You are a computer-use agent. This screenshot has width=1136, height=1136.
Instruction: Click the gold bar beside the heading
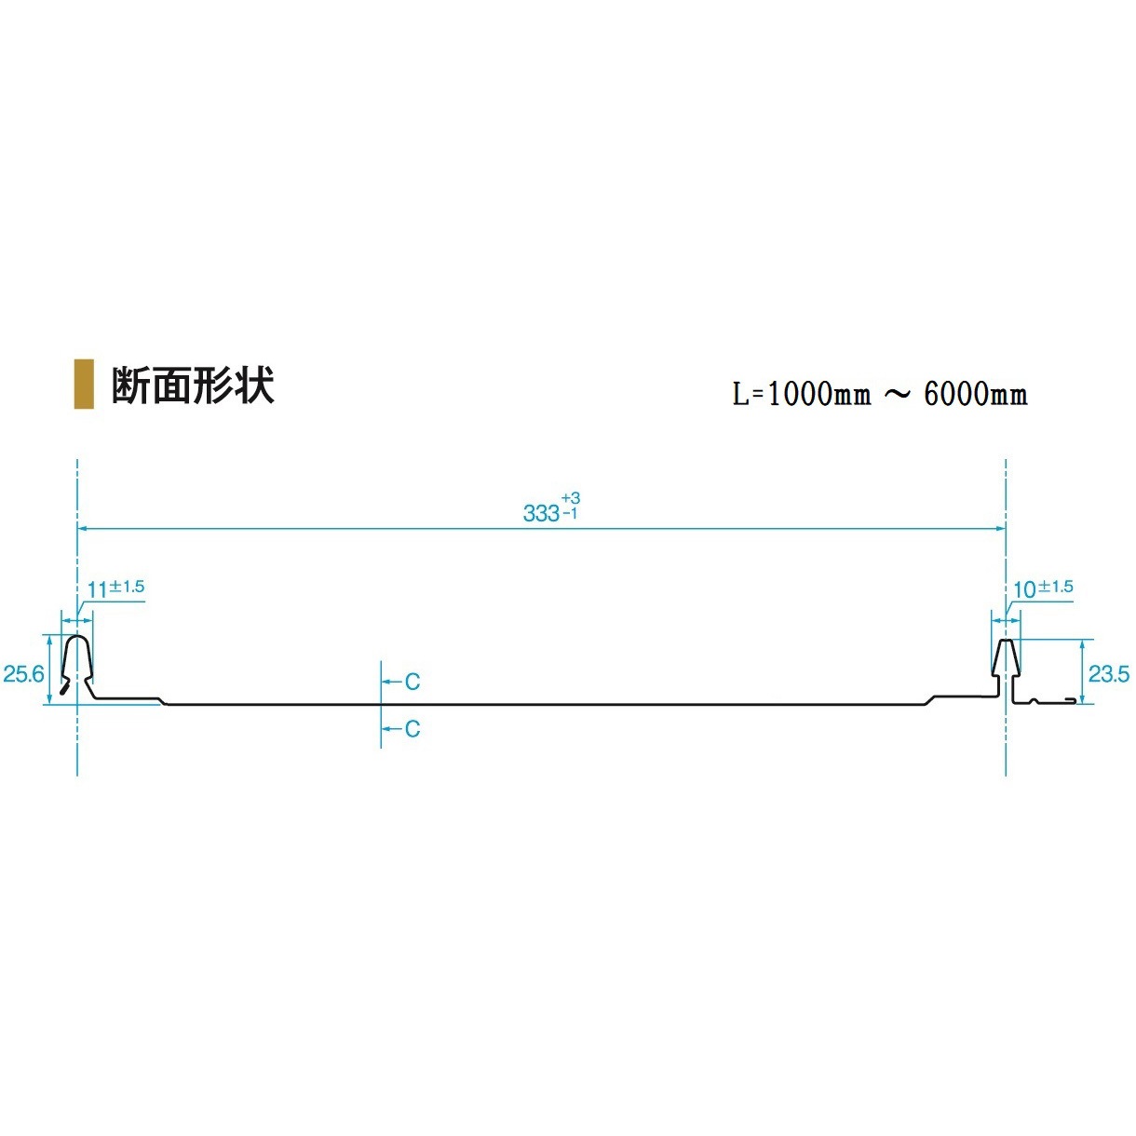pyautogui.click(x=84, y=384)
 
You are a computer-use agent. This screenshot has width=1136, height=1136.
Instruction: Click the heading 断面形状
pyautogui.click(x=193, y=385)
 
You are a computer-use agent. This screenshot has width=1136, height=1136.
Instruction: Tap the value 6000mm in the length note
pyautogui.click(x=976, y=395)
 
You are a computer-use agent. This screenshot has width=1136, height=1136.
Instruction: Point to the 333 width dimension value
pyautogui.click(x=541, y=513)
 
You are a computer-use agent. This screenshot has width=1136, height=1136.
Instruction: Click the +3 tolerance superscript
pyautogui.click(x=571, y=499)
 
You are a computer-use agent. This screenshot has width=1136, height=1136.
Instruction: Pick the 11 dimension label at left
pyautogui.click(x=98, y=589)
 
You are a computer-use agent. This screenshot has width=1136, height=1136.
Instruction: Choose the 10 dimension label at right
pyautogui.click(x=1024, y=589)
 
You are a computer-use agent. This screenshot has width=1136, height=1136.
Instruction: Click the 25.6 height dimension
pyautogui.click(x=23, y=673)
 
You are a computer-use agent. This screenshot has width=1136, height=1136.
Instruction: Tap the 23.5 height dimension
pyautogui.click(x=1109, y=673)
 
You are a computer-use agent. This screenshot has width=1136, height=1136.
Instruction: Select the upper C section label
pyautogui.click(x=412, y=683)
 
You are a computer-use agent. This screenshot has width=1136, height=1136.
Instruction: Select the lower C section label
pyautogui.click(x=412, y=729)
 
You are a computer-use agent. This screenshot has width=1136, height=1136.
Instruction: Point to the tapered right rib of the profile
pyautogui.click(x=1006, y=659)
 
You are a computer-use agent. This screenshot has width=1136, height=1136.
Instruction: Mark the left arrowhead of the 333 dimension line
pyautogui.click(x=82, y=528)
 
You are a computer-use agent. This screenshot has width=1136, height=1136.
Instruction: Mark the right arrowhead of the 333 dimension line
pyautogui.click(x=1001, y=528)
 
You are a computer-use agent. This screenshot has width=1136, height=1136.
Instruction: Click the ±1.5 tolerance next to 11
pyautogui.click(x=128, y=587)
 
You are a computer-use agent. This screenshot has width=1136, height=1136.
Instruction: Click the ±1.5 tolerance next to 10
pyautogui.click(x=1056, y=587)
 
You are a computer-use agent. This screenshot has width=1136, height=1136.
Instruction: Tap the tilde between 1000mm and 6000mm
pyautogui.click(x=897, y=395)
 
